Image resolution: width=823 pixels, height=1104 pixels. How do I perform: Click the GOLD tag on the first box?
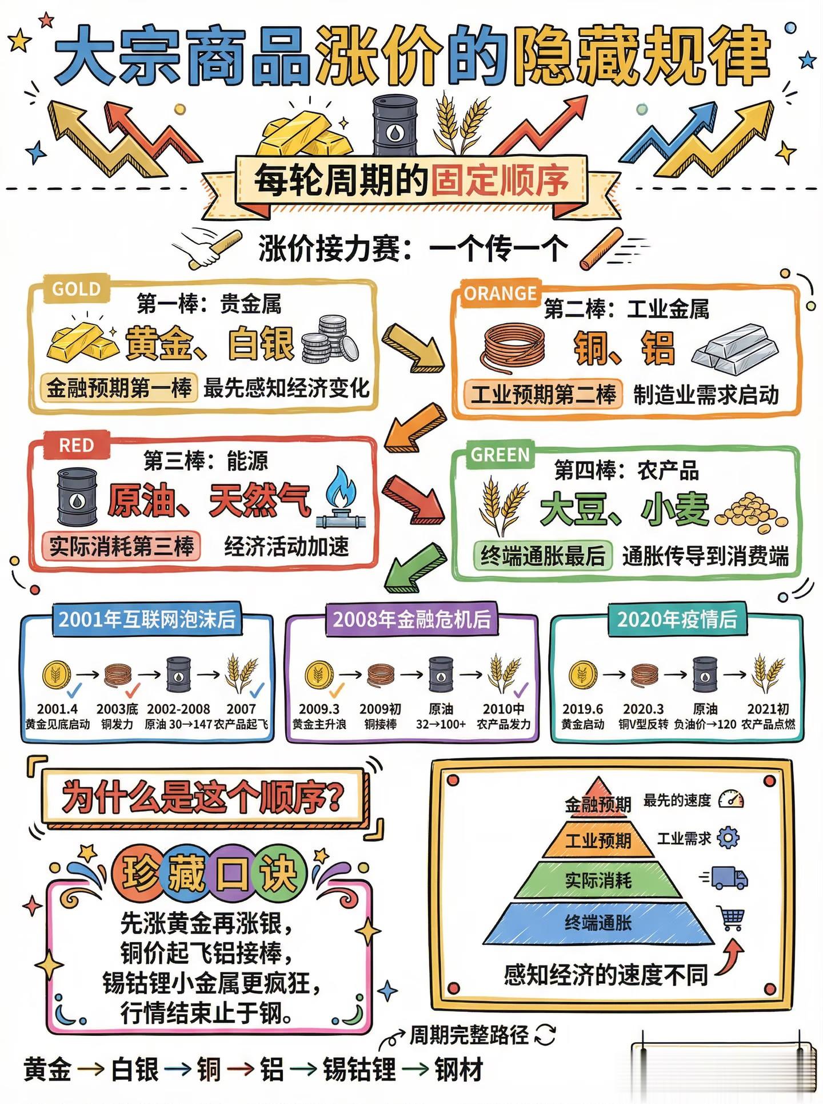[x=76, y=289]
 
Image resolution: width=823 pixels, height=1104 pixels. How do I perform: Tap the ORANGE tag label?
[x=500, y=293]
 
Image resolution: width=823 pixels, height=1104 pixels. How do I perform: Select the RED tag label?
[x=76, y=446]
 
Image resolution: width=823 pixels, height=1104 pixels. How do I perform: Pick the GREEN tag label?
[x=500, y=455]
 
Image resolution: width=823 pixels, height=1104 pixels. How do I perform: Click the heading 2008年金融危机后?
[x=411, y=619]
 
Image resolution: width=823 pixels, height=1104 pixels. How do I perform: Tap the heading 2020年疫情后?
[x=677, y=619]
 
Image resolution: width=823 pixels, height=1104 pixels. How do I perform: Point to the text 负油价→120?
[x=705, y=724]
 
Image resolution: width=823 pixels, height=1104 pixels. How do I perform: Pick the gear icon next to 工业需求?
[x=728, y=838]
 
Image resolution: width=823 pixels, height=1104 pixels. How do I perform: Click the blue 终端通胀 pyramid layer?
[x=598, y=923]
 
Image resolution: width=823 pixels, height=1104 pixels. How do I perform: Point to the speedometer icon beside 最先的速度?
[x=731, y=799]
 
